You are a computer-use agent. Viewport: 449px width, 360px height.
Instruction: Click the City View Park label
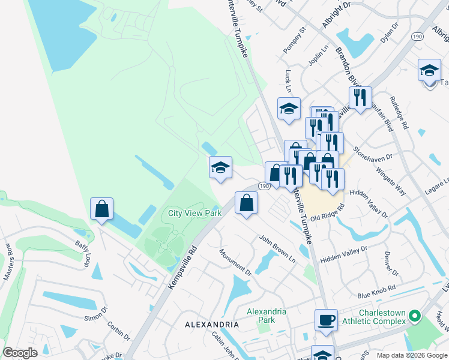coord(194,213)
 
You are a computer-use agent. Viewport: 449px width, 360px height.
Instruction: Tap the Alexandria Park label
coord(267,316)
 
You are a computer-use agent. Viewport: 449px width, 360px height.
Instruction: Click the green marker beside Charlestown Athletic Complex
coord(414,315)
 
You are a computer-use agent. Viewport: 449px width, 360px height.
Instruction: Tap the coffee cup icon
coord(326,320)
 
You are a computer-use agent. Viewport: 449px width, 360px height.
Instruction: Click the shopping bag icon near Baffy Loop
coord(101,209)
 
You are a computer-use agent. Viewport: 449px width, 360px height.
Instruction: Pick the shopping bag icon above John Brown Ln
coord(246,203)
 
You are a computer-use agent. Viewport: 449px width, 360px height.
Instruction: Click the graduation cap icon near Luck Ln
coord(289,109)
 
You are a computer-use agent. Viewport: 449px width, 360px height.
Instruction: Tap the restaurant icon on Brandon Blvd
coord(360,98)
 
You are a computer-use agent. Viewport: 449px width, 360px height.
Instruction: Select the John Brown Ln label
coord(277,248)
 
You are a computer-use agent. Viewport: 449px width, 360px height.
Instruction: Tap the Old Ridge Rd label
coord(331,214)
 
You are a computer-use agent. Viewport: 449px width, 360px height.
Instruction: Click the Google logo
coord(20,353)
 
